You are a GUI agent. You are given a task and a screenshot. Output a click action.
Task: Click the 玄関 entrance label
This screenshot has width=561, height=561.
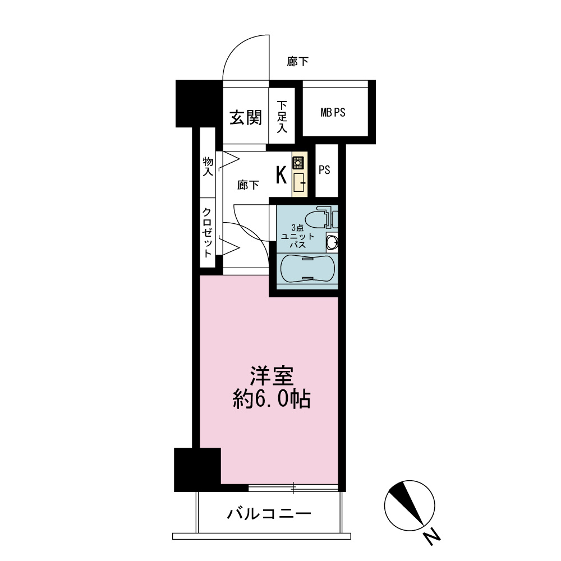246,117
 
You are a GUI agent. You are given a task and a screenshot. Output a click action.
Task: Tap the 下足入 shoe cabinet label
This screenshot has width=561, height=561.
282,117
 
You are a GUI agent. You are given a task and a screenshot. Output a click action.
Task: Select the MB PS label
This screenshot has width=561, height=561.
333,113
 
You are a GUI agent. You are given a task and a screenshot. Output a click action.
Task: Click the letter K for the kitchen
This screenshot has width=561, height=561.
281,175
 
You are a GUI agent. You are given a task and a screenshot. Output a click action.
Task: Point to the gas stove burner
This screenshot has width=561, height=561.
298,163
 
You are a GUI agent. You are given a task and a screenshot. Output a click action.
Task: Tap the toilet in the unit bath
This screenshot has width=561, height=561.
320,219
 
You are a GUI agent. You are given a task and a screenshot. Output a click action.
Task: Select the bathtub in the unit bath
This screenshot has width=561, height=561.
307,269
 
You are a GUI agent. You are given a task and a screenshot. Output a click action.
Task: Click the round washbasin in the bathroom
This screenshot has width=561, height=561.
333,242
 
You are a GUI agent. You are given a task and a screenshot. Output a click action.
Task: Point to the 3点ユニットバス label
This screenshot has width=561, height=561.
298,236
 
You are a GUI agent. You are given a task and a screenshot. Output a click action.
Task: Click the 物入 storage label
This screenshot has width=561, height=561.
208,167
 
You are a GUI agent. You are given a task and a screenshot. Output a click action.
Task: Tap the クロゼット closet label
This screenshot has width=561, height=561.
208,233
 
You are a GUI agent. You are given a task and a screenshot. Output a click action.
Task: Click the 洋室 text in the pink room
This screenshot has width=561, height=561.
272,376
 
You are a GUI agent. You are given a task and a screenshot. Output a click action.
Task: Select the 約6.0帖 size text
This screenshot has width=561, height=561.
272,399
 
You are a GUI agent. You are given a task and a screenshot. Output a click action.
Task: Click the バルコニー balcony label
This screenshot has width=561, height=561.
269,514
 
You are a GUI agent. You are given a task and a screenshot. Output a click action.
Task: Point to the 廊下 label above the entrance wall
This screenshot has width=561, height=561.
298,62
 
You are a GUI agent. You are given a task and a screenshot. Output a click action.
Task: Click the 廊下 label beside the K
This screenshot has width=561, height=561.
249,185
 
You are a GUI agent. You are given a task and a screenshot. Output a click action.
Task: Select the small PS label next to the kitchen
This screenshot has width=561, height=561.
324,169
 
